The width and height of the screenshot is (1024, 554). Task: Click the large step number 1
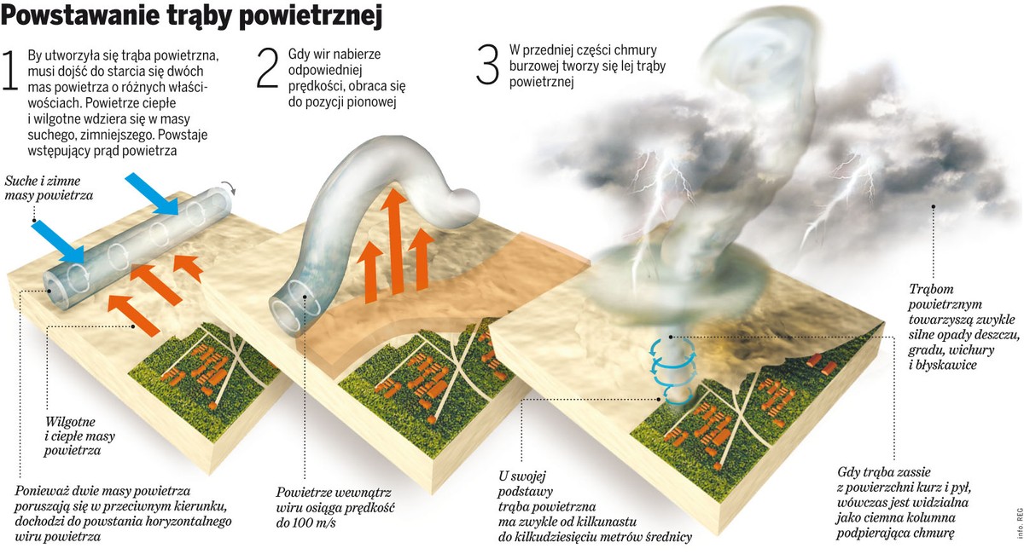pyautogui.click(x=10, y=70)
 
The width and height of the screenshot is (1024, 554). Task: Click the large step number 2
pyautogui.click(x=267, y=67)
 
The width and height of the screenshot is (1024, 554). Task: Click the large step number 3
pyautogui.click(x=487, y=64)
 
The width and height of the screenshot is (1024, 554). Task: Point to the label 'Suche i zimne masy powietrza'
pyautogui.click(x=49, y=188)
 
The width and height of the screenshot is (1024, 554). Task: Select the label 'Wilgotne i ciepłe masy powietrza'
pyautogui.click(x=79, y=436)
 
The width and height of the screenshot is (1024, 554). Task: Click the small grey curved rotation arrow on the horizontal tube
pyautogui.click(x=229, y=188)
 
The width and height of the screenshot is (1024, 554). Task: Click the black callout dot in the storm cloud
pyautogui.click(x=933, y=206)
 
